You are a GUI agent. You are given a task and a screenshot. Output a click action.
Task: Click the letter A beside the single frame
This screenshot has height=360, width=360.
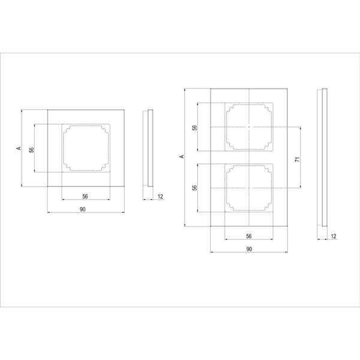point(19,148)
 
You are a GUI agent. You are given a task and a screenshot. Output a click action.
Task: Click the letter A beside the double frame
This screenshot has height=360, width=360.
point(182,157)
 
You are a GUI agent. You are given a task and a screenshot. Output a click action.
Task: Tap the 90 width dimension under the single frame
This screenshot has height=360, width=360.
point(83,209)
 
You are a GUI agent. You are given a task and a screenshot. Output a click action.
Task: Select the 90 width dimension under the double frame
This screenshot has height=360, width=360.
point(249,249)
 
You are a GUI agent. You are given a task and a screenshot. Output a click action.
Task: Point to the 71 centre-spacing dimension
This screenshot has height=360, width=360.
point(298,160)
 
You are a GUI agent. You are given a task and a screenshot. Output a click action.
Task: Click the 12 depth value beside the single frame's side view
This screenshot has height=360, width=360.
point(160,197)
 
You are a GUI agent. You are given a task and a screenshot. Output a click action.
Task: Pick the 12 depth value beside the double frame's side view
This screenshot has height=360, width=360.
point(334,236)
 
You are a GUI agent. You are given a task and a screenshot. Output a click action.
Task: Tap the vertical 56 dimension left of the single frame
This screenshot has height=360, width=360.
point(31,150)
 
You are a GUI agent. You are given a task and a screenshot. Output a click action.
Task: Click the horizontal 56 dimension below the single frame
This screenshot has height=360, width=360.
point(85,197)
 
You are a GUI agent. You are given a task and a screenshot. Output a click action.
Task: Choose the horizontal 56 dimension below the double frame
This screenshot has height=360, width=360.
point(249,236)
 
